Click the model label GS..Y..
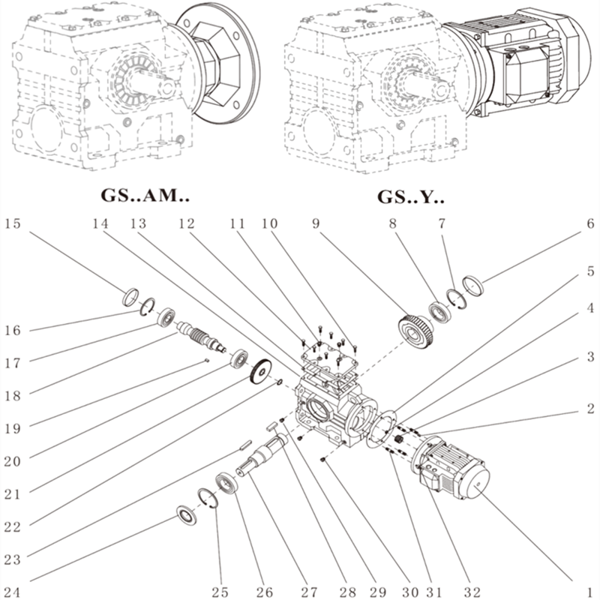point(410,197)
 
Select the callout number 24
point(13,591)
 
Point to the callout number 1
point(590,591)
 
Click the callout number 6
point(590,223)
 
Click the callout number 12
point(186,223)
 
